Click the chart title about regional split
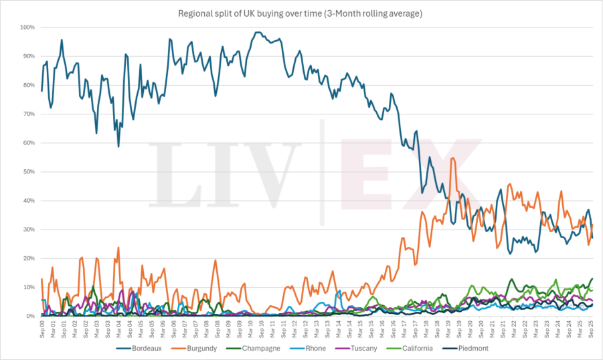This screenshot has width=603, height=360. pyautogui.click(x=301, y=13)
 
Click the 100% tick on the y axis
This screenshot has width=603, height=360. pyautogui.click(x=28, y=27)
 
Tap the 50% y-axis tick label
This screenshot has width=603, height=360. pyautogui.click(x=29, y=172)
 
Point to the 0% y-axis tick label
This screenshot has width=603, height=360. pyautogui.click(x=31, y=316)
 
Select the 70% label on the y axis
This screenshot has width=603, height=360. pyautogui.click(x=29, y=114)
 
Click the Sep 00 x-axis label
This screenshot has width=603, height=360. pyautogui.click(x=41, y=327)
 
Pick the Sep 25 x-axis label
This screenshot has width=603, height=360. pyautogui.click(x=592, y=327)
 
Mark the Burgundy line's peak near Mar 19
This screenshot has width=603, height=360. pyautogui.click(x=453, y=158)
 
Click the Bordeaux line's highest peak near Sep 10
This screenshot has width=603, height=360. pyautogui.click(x=258, y=32)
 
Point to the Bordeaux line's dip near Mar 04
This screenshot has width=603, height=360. pyautogui.click(x=118, y=146)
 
